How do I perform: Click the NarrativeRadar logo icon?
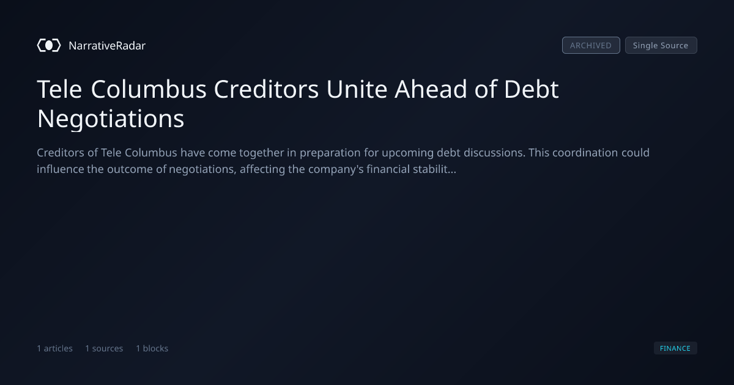click(49, 45)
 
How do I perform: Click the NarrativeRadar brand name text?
click(107, 45)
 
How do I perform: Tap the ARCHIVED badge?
click(591, 45)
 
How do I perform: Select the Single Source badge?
click(661, 45)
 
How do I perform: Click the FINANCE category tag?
click(675, 348)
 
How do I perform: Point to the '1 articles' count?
click(54, 348)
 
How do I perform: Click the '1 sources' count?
click(104, 348)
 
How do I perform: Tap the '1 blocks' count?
click(152, 348)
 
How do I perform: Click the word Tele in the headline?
click(59, 89)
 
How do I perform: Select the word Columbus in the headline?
click(149, 89)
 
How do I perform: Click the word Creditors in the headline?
click(266, 89)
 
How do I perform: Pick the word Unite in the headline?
click(357, 89)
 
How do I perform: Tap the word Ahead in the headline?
click(431, 89)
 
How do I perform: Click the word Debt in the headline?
click(531, 89)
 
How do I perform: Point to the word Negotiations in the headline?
click(111, 119)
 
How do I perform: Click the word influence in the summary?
click(61, 169)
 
